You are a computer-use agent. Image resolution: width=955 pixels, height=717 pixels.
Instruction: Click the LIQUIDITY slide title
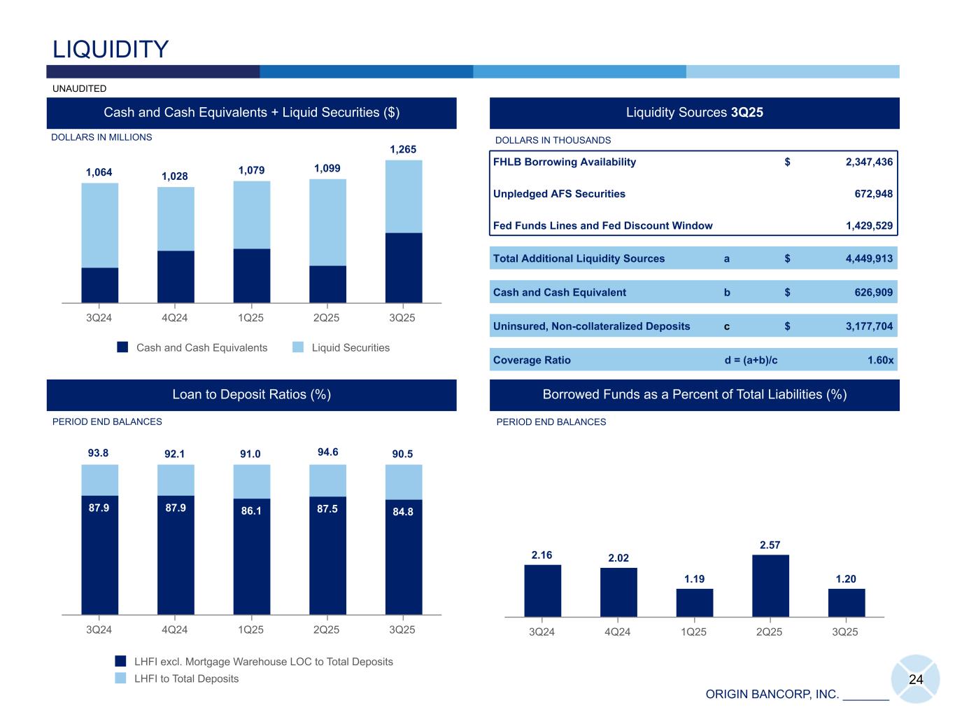(111, 49)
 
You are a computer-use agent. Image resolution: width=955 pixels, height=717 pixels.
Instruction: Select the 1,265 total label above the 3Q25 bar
(403, 149)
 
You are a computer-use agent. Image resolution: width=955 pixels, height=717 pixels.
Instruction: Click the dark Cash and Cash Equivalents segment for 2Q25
(327, 284)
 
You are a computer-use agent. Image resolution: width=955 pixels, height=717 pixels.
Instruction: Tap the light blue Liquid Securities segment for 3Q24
(99, 225)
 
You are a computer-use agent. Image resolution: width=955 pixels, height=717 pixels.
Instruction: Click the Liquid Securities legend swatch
(298, 347)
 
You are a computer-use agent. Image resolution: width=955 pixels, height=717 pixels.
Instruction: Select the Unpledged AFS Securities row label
(559, 194)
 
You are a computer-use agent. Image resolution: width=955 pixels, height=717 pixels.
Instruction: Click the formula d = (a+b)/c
(751, 360)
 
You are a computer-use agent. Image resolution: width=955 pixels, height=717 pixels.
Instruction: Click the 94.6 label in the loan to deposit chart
(327, 452)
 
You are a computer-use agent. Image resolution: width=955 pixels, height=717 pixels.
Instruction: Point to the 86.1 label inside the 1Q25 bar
(251, 511)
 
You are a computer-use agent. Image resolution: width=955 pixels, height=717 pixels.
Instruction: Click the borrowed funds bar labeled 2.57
(770, 585)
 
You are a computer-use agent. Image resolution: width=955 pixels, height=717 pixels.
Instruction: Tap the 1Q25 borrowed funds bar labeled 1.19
(694, 602)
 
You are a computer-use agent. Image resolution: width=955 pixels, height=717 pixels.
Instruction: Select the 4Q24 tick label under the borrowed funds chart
(617, 632)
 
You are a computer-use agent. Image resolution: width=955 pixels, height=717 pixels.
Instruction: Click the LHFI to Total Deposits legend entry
(186, 678)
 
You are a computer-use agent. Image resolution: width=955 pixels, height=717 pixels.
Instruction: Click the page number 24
(916, 679)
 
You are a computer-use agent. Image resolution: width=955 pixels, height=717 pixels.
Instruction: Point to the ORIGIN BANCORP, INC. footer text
(772, 694)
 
